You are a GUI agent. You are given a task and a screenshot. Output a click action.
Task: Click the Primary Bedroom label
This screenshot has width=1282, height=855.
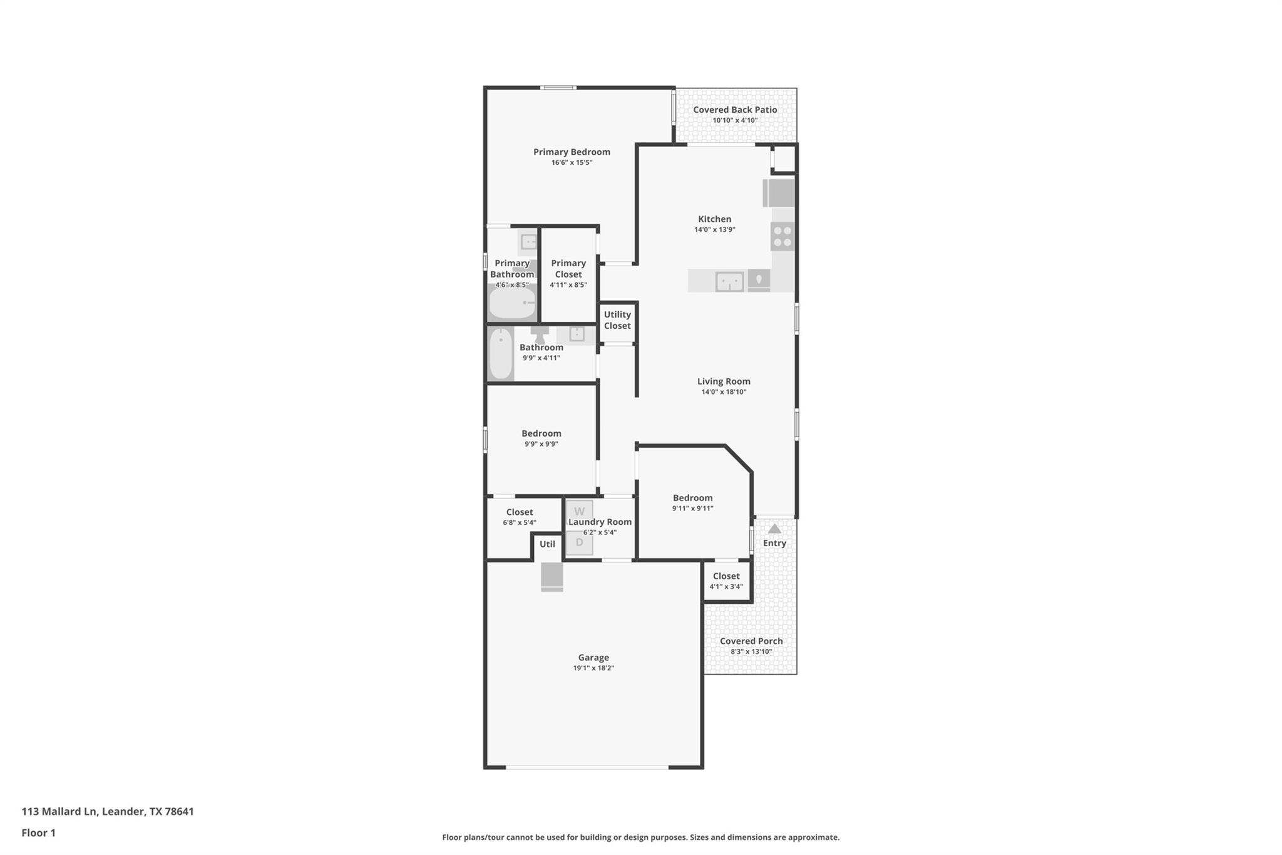click(572, 152)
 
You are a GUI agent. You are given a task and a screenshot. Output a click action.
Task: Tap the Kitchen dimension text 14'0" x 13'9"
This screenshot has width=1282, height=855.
click(714, 230)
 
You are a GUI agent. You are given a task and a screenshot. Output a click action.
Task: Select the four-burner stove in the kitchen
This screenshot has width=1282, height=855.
click(782, 236)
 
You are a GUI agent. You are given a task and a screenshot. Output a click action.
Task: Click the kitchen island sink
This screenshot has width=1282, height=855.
click(729, 281)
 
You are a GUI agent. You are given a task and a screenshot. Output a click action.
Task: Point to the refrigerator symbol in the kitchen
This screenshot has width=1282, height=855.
click(779, 193)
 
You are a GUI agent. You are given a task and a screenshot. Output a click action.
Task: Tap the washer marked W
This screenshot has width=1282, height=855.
click(579, 512)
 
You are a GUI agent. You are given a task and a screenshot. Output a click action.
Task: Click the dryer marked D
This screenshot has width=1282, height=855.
click(579, 543)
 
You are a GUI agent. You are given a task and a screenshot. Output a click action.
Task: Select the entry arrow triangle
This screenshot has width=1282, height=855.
click(774, 529)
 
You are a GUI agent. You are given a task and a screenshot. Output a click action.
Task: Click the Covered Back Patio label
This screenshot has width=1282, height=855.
click(735, 110)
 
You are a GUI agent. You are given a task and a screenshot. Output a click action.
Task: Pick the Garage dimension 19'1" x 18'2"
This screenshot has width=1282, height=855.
click(593, 668)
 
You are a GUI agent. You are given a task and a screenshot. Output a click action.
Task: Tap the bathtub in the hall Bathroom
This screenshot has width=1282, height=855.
click(501, 354)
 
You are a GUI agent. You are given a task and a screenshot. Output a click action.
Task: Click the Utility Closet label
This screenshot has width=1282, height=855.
click(617, 320)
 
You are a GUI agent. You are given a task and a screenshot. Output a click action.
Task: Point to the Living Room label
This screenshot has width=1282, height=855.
click(724, 381)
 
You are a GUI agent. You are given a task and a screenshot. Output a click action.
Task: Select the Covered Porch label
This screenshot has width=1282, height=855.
click(751, 641)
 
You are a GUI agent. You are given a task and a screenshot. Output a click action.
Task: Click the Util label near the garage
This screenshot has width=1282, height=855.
click(547, 544)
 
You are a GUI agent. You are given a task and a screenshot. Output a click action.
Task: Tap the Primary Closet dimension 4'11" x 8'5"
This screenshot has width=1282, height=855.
click(568, 285)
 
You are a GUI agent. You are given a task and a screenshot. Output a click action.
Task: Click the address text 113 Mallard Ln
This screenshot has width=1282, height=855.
click(59, 811)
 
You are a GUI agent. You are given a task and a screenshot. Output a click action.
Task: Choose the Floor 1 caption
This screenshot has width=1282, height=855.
click(38, 832)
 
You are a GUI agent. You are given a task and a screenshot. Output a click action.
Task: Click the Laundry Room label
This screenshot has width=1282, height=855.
click(600, 522)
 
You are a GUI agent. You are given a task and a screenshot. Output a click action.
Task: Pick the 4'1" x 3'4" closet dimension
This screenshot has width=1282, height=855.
click(726, 587)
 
